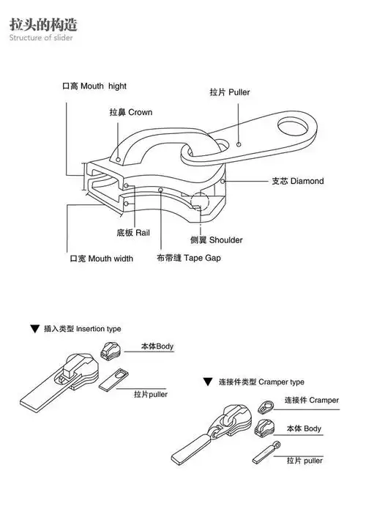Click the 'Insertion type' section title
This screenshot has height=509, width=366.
click(82, 329)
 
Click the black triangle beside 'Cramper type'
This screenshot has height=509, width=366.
click(209, 382)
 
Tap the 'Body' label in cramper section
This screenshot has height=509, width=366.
click(304, 428)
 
